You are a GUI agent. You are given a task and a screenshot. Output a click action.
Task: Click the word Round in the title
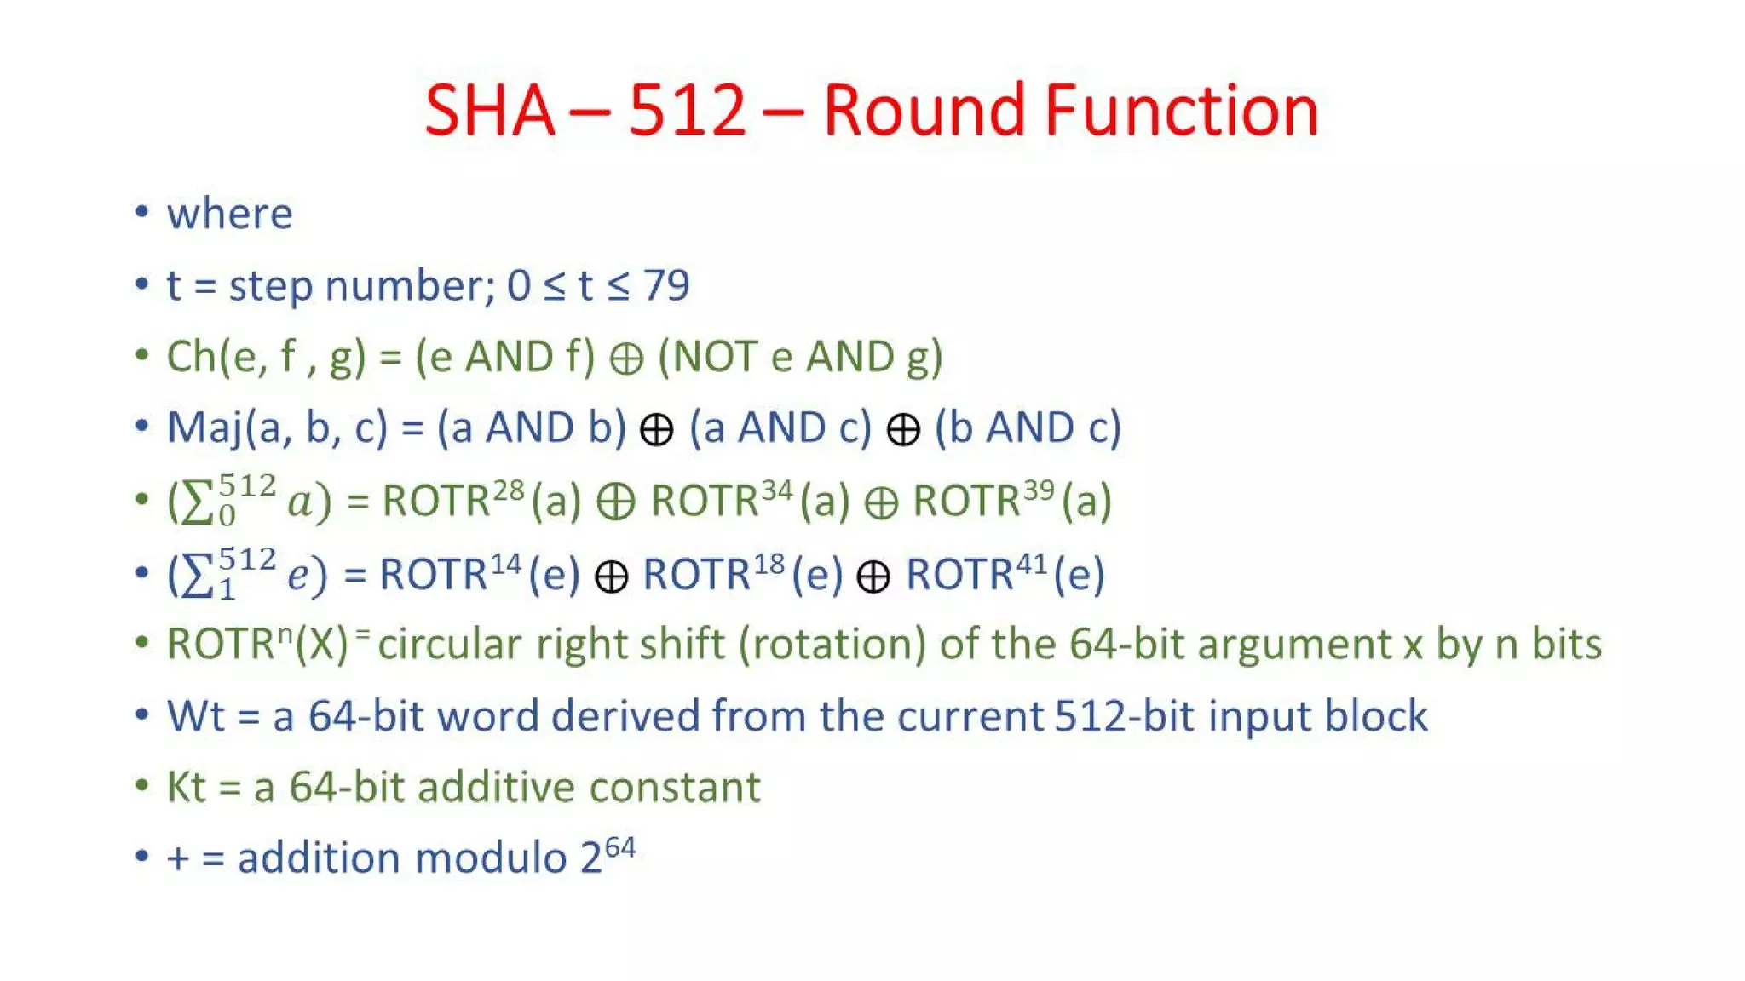tap(924, 111)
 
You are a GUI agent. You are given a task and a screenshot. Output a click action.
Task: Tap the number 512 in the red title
tap(688, 111)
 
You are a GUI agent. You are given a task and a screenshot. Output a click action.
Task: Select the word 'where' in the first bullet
tap(229, 213)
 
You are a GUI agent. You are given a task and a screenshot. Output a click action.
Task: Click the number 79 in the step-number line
tap(666, 285)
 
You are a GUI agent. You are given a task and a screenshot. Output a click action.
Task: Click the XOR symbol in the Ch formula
tap(626, 359)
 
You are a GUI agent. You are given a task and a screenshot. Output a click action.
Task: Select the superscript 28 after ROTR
tap(509, 490)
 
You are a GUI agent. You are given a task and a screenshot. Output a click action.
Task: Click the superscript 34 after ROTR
tap(777, 490)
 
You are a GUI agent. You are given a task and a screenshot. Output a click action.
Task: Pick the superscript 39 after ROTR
tap(1039, 490)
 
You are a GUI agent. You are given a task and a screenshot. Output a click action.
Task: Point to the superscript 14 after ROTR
tap(505, 564)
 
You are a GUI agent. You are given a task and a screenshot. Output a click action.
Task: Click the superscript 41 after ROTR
tap(1031, 564)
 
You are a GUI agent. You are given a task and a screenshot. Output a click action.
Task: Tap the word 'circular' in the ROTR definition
tap(449, 645)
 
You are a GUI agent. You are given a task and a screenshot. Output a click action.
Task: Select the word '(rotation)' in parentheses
tap(832, 645)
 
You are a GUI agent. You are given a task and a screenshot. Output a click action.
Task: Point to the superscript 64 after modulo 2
tap(620, 848)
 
